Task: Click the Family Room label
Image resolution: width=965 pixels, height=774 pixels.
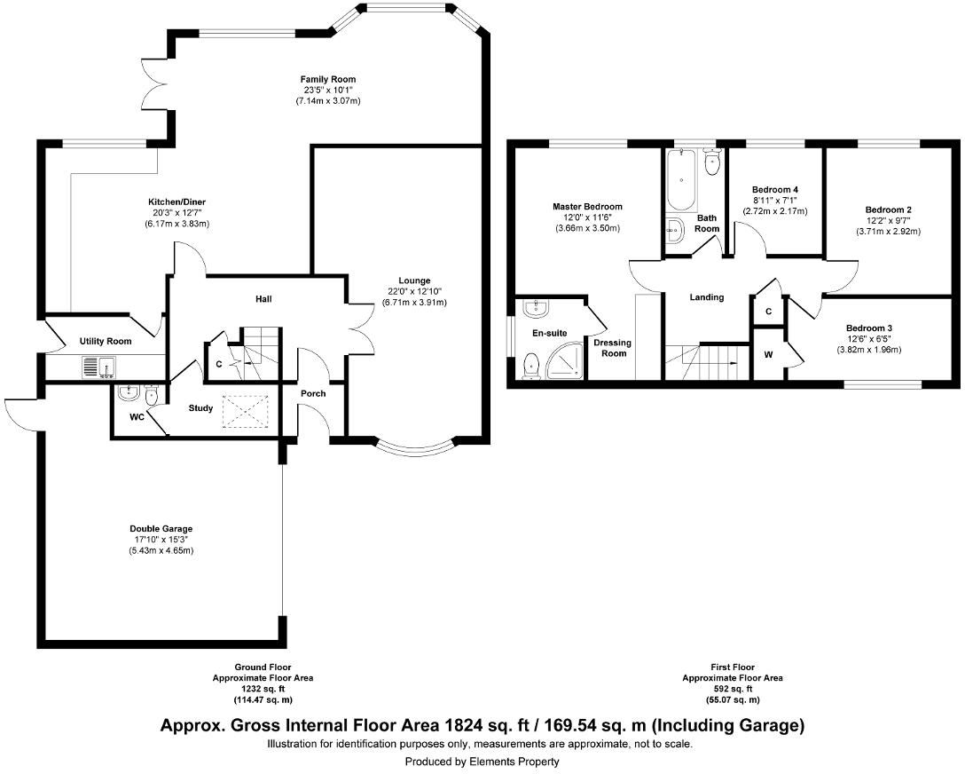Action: pos(327,80)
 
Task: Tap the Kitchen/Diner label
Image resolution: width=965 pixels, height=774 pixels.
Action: pos(178,202)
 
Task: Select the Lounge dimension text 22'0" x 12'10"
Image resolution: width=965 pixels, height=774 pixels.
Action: pos(414,292)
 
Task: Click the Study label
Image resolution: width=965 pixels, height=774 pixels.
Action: pos(200,408)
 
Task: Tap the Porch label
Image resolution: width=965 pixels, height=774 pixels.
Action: pos(313,393)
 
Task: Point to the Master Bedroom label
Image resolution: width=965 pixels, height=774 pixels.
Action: pos(586,207)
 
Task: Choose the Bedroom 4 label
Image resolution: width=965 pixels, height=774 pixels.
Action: pos(775,190)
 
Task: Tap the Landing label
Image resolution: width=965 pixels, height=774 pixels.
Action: pos(707,297)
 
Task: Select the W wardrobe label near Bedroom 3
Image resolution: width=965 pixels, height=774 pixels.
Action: pos(769,355)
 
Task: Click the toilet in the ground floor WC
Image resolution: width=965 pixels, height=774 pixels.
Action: pos(151,396)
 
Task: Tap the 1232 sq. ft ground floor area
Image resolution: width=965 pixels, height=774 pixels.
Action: pos(263,689)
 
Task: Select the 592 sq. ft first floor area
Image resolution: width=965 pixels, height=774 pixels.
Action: pos(732,689)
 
